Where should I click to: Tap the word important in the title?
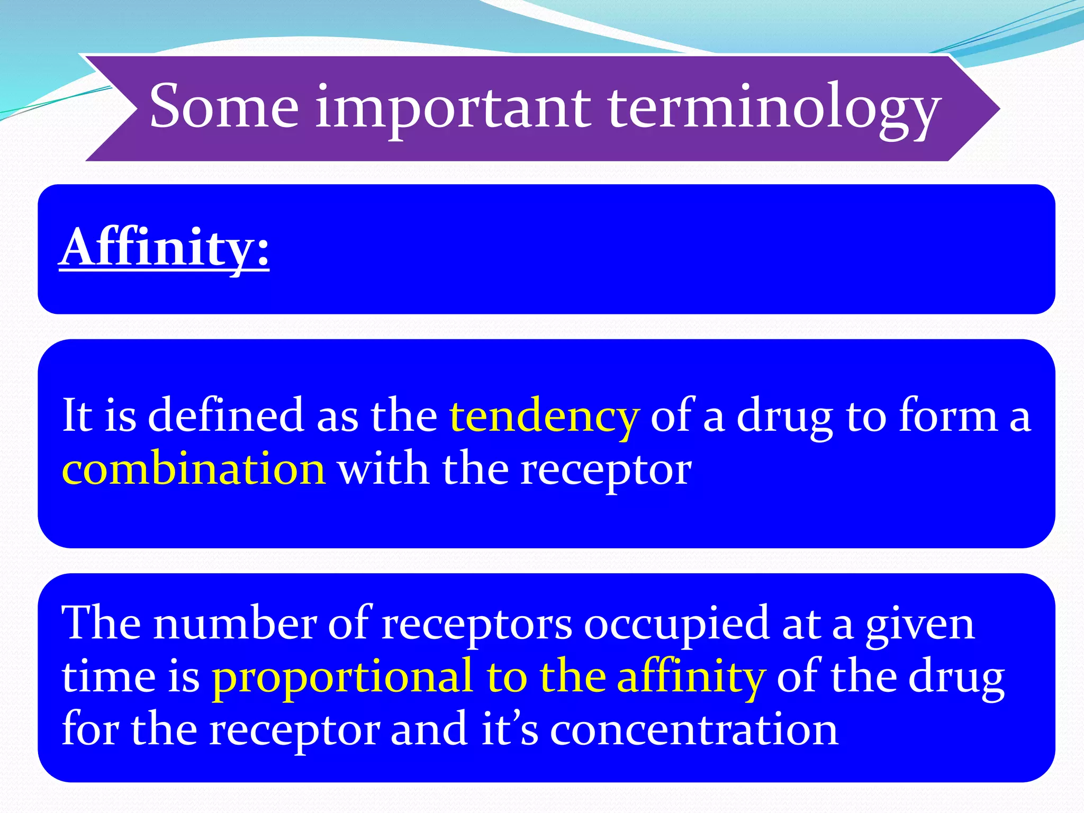pyautogui.click(x=453, y=109)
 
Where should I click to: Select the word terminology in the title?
pyautogui.click(x=773, y=109)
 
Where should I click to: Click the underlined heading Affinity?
pyautogui.click(x=164, y=247)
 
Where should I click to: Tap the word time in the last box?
pyautogui.click(x=107, y=677)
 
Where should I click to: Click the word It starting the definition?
pyautogui.click(x=77, y=416)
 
